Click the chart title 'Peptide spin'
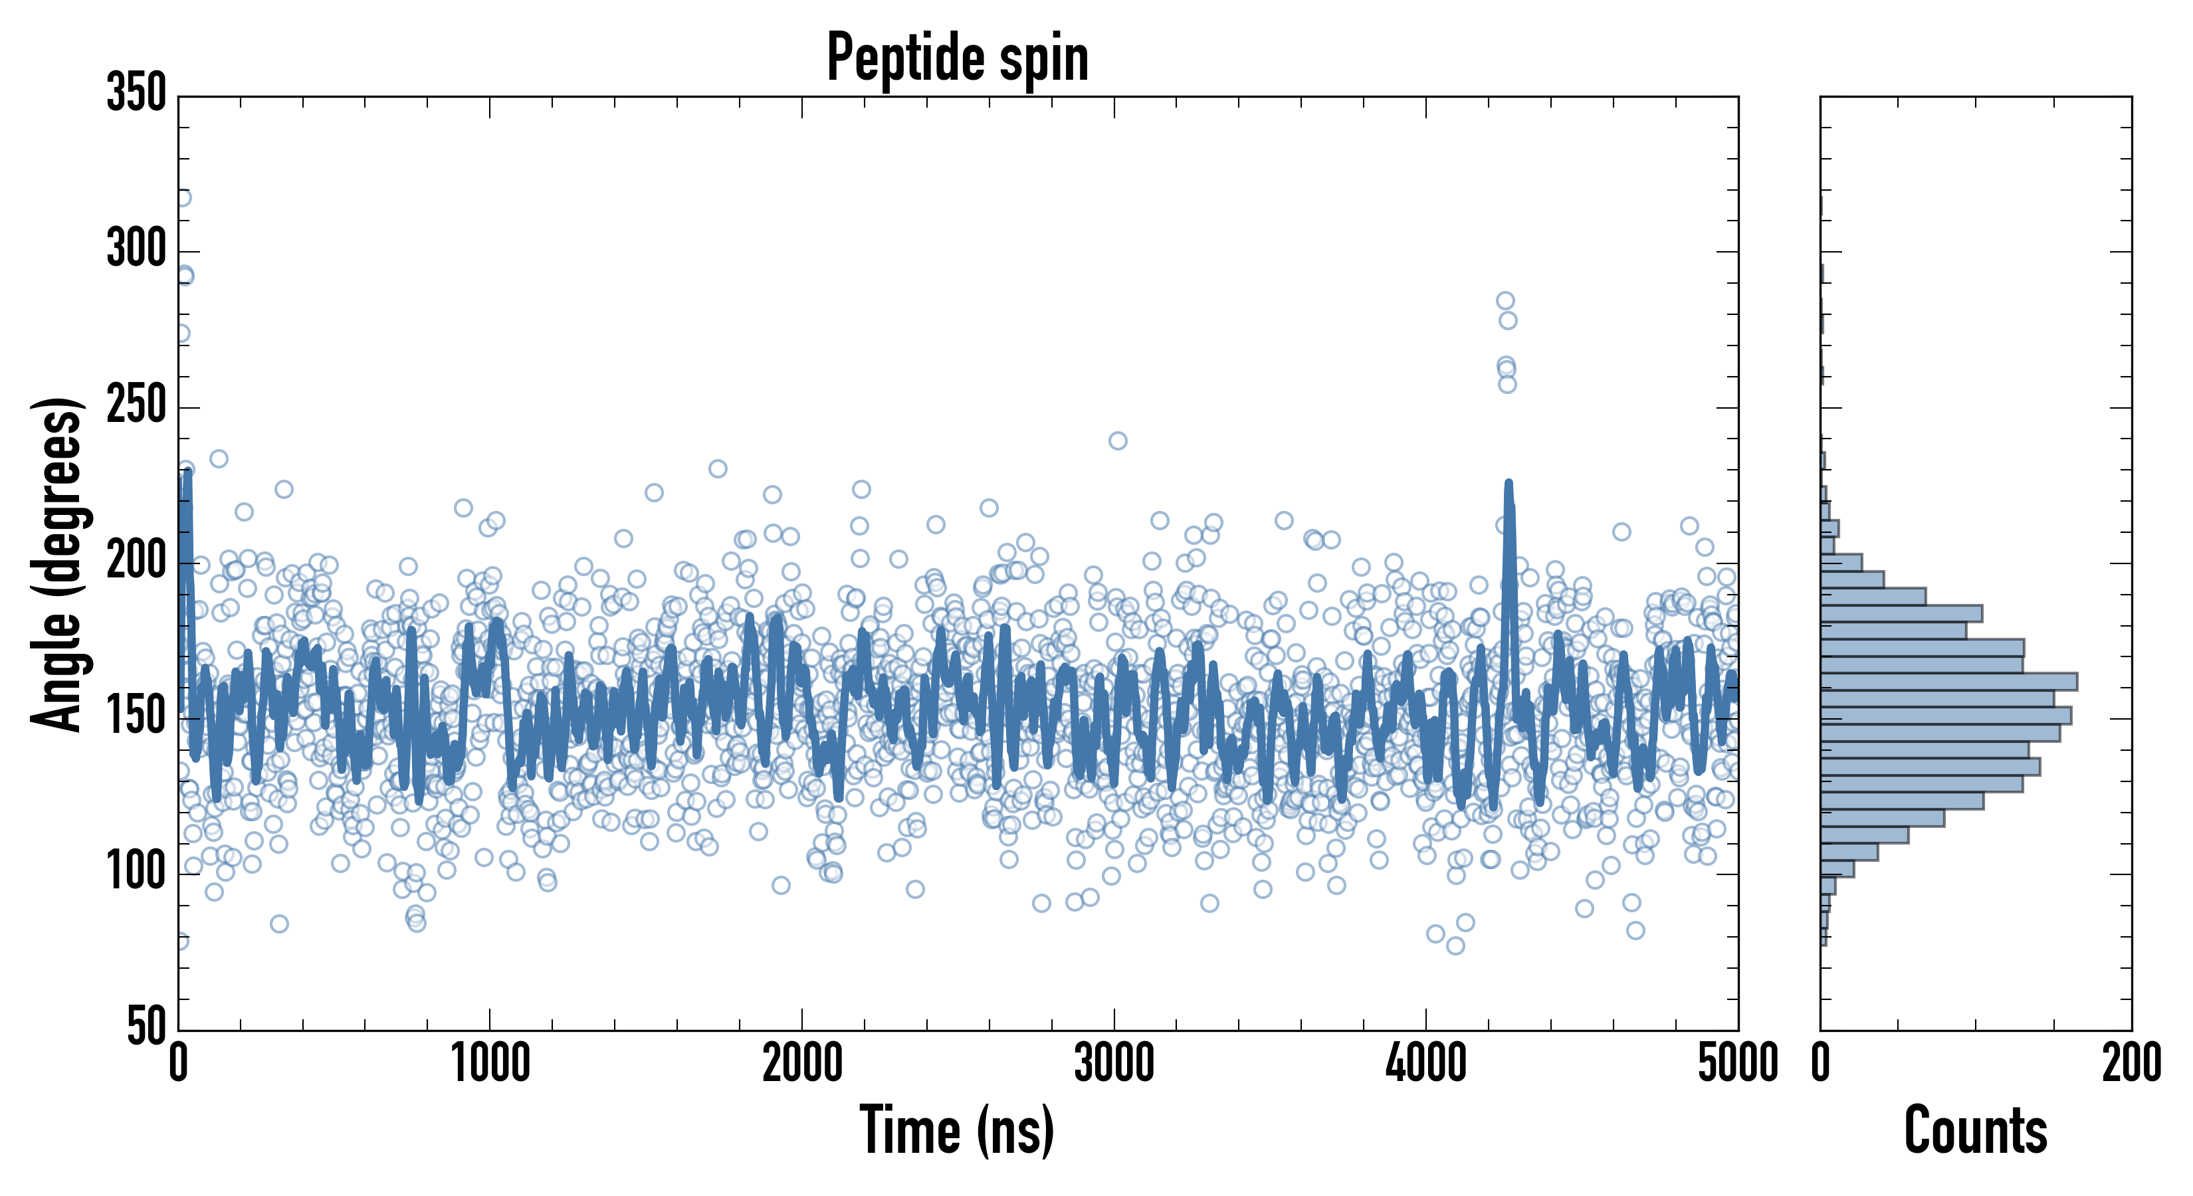click(958, 58)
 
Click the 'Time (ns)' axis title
click(958, 1130)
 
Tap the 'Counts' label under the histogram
click(1975, 1130)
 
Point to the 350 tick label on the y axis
click(136, 94)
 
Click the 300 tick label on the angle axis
click(136, 250)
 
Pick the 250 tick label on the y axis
click(136, 406)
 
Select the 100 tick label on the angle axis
click(136, 872)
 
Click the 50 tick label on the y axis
click(146, 1027)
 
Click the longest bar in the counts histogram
click(1950, 681)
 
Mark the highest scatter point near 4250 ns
click(1505, 300)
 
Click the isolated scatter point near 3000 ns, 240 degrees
click(1118, 440)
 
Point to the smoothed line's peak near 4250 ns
click(1509, 484)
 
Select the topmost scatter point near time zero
click(182, 197)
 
